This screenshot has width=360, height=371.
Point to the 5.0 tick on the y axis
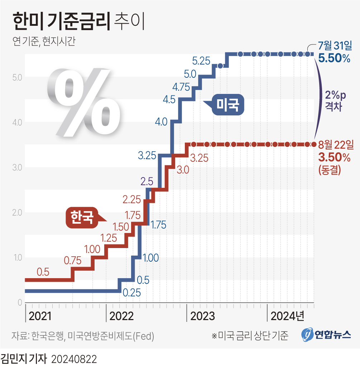[x=16, y=77]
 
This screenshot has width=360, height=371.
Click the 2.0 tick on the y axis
[x=16, y=213]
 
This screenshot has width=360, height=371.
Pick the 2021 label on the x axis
[x=40, y=317]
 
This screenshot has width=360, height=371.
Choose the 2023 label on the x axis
[x=202, y=317]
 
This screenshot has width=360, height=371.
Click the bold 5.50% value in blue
[x=334, y=58]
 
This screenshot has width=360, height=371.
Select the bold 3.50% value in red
[x=334, y=157]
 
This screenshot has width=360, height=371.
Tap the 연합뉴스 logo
[x=326, y=335]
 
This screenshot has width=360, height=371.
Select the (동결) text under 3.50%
[x=329, y=170]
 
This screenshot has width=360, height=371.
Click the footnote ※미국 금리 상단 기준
[x=250, y=336]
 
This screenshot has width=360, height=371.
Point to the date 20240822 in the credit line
[x=74, y=360]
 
